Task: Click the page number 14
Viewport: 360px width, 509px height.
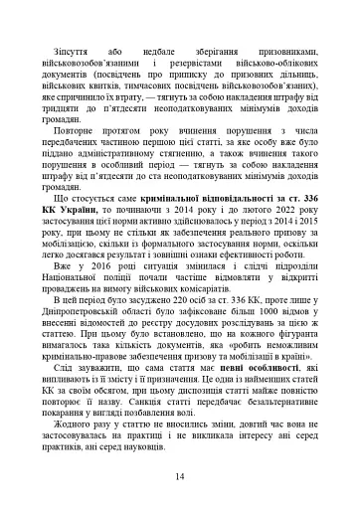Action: pos(179,477)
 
